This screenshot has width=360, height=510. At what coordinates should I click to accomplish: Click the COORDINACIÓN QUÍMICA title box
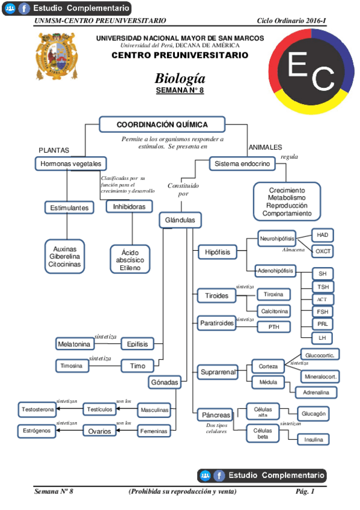(162, 124)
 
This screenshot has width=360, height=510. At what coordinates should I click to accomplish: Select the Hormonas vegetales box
(70, 164)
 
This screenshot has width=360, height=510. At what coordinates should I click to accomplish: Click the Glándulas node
(180, 220)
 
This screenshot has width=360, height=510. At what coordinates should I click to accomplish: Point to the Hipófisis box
(217, 252)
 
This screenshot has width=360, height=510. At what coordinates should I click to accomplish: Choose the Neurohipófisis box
(277, 238)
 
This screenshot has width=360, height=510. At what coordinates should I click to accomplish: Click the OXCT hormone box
(323, 251)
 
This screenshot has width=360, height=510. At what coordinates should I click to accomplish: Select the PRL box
(323, 324)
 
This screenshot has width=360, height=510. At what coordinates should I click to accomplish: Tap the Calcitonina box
(273, 311)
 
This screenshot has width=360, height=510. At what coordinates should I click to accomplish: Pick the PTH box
(273, 327)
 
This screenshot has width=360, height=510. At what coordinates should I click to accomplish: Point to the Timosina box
(71, 366)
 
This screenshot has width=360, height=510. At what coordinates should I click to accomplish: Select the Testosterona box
(38, 410)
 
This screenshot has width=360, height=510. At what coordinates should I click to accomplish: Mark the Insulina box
(313, 440)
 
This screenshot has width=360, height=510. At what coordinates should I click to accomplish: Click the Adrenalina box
(316, 392)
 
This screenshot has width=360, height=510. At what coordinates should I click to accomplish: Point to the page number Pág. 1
(305, 491)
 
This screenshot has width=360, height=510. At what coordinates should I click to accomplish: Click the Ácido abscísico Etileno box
(130, 259)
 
